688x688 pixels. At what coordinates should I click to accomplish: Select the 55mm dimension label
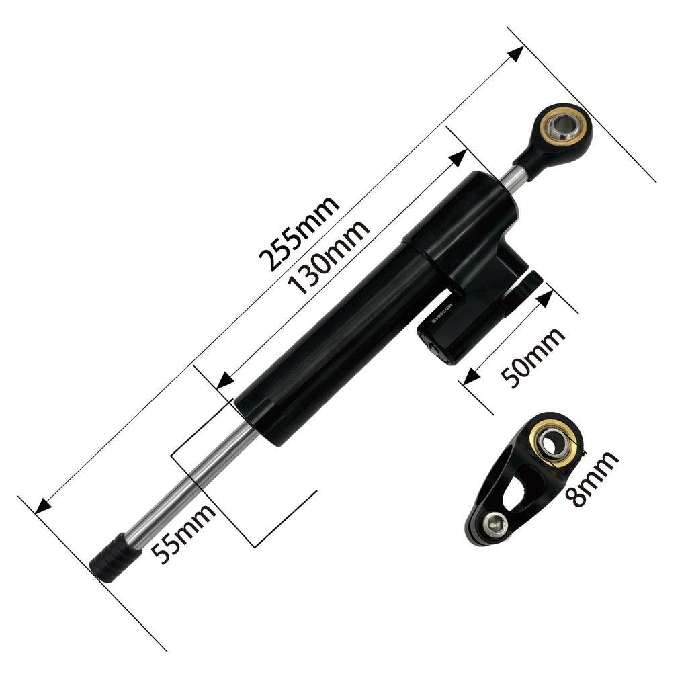183,533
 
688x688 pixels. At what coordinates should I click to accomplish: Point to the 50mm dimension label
534,357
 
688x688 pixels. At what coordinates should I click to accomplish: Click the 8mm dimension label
591,479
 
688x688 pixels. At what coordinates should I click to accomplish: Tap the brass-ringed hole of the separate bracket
552,444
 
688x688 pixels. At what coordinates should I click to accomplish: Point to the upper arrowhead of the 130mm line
459,158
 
